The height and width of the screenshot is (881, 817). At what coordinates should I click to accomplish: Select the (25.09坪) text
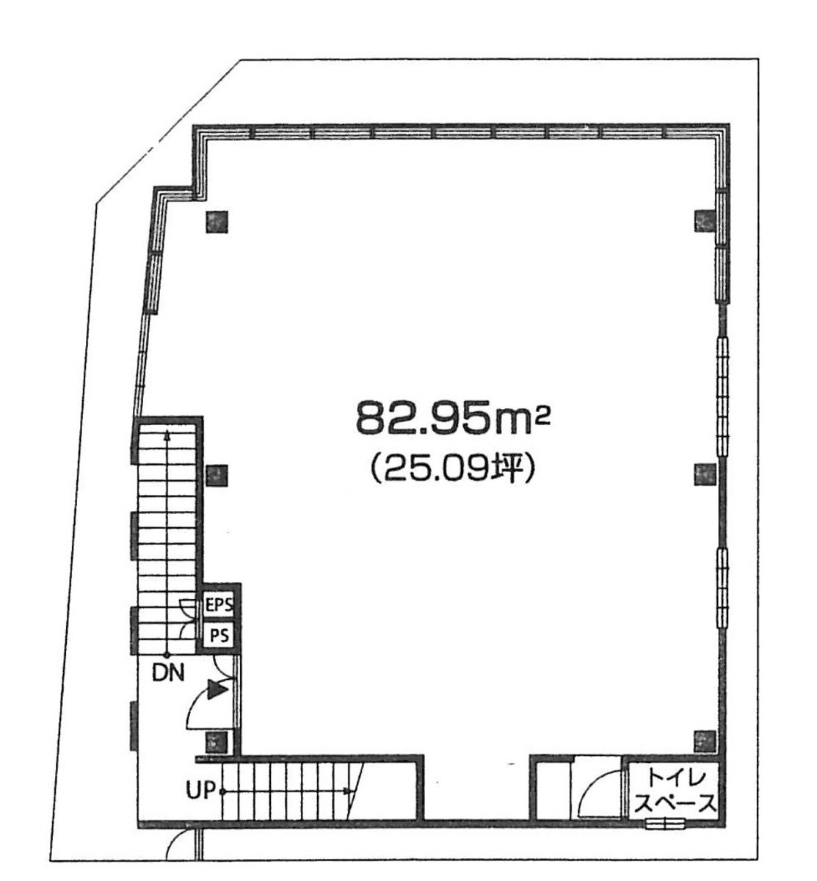tap(451, 467)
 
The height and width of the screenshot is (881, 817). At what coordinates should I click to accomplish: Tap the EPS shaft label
tap(219, 606)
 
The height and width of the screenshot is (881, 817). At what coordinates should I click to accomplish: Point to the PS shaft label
tap(219, 634)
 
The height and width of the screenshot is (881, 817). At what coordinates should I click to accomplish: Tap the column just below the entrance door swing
tap(217, 742)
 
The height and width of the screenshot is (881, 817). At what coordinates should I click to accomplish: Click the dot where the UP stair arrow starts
tap(222, 791)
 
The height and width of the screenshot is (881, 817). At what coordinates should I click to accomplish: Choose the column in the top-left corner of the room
tap(217, 222)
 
